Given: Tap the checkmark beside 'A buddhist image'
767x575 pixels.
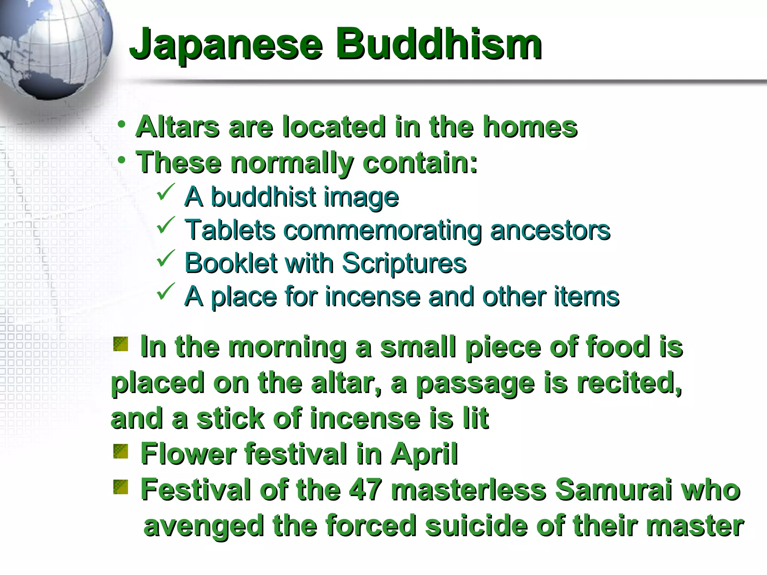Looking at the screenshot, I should coord(166,192).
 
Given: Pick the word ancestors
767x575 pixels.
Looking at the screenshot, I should coord(550,230).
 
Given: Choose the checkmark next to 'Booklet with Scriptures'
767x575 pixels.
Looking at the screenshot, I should coord(166,258).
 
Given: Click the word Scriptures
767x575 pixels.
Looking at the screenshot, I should coord(404,263).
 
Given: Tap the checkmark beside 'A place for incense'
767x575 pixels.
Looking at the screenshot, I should coord(166,292).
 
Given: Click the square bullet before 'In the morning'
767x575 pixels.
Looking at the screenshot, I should coord(121,344).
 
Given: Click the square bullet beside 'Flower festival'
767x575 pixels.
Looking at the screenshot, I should coord(121,451).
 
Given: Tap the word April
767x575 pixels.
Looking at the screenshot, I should coord(424,454).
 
